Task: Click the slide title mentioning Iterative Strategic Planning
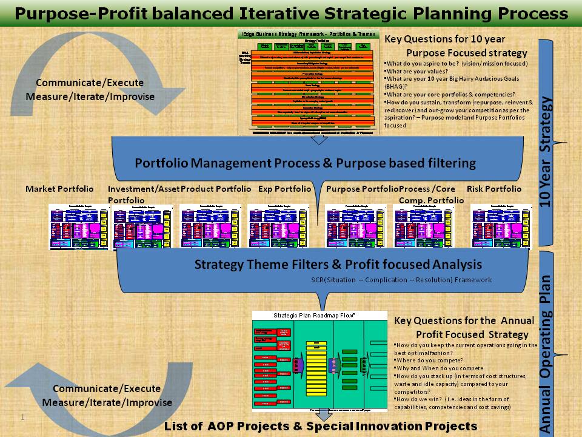tap(291, 13)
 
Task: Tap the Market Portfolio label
tap(59, 189)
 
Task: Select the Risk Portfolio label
tap(493, 189)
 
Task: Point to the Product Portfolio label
tap(216, 189)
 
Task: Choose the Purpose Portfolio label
tap(362, 189)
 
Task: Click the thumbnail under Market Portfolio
tap(78, 227)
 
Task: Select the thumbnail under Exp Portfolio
tap(276, 227)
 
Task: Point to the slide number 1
tap(22, 418)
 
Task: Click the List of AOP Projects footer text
tap(321, 426)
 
